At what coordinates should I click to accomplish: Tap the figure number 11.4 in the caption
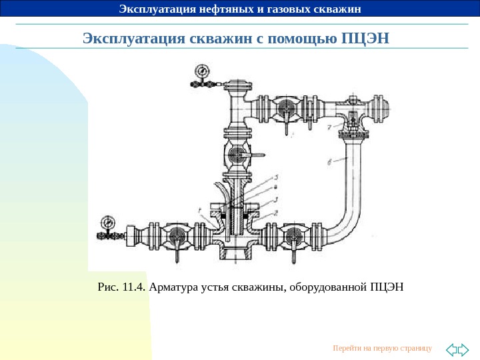tap(133, 287)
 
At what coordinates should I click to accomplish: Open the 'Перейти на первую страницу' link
tap(382, 348)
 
